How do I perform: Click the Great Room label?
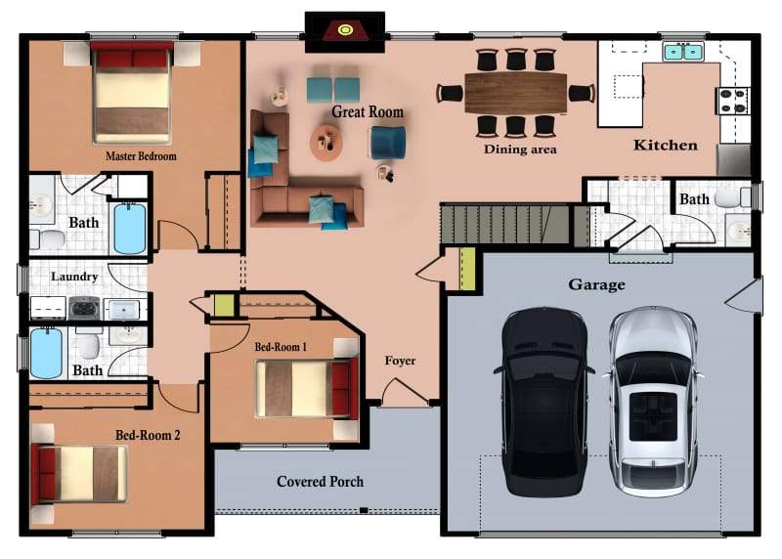pyautogui.click(x=368, y=111)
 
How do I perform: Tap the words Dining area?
pyautogui.click(x=520, y=150)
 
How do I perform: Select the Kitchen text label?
pyautogui.click(x=666, y=145)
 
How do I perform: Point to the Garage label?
pyautogui.click(x=596, y=284)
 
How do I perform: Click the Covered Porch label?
pyautogui.click(x=321, y=482)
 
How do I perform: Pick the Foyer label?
pyautogui.click(x=400, y=361)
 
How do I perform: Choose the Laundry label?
pyautogui.click(x=74, y=277)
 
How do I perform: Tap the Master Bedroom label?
pyautogui.click(x=141, y=156)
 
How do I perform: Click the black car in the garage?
pyautogui.click(x=544, y=402)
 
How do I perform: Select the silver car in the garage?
pyautogui.click(x=653, y=401)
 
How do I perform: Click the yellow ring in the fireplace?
pyautogui.click(x=345, y=30)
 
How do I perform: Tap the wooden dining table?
pyautogui.click(x=516, y=93)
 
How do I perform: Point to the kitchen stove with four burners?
pyautogui.click(x=732, y=101)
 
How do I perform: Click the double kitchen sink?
pyautogui.click(x=683, y=52)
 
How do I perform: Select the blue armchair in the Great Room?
pyautogui.click(x=387, y=143)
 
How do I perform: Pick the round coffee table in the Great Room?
pyautogui.click(x=326, y=142)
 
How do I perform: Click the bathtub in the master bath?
pyautogui.click(x=130, y=229)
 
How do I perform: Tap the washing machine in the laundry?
pyautogui.click(x=84, y=308)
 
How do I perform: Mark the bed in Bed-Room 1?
pyautogui.click(x=307, y=388)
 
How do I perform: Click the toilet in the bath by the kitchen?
pyautogui.click(x=731, y=197)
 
